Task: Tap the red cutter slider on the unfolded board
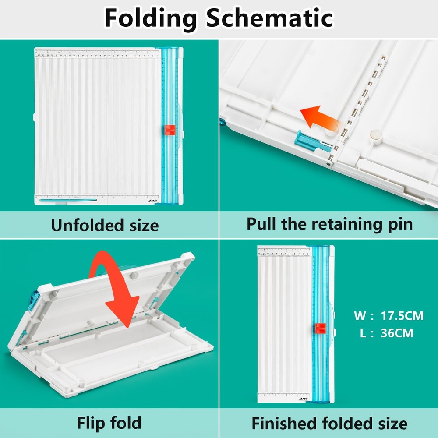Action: click(170, 130)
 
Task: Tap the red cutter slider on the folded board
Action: click(320, 329)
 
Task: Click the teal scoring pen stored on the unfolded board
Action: click(68, 200)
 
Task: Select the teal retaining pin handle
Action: click(311, 141)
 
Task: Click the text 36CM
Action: click(396, 333)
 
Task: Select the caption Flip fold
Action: click(109, 423)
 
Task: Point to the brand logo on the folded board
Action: click(304, 399)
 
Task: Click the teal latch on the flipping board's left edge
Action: click(33, 302)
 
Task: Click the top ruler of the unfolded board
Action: click(97, 54)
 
